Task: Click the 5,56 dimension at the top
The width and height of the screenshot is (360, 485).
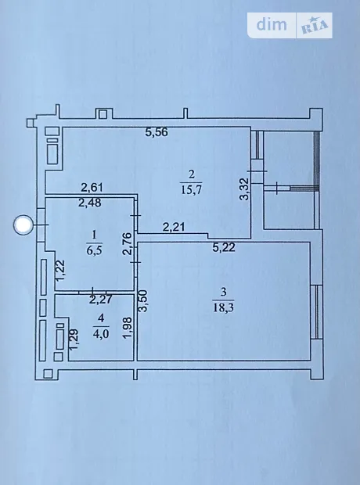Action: (x=157, y=132)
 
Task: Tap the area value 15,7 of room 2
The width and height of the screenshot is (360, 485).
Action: (x=191, y=189)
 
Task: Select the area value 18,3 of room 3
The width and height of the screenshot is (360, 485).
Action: (x=223, y=307)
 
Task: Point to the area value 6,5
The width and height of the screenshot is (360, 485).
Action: (x=94, y=250)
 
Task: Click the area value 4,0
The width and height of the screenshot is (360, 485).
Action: (x=101, y=334)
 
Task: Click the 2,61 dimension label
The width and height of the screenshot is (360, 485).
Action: (x=92, y=187)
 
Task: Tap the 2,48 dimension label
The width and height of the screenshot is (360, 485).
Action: (x=90, y=203)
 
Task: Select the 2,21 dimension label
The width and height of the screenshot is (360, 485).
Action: (x=174, y=228)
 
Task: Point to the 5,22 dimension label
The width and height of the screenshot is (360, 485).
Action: (x=224, y=247)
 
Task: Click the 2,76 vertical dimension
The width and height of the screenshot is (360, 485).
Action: (x=128, y=244)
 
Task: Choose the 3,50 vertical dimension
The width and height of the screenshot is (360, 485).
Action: (x=143, y=301)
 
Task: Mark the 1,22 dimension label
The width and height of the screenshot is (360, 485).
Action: (x=60, y=270)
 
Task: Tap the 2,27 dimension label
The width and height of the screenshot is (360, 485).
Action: (x=101, y=300)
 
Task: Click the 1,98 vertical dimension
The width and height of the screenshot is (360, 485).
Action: (x=128, y=329)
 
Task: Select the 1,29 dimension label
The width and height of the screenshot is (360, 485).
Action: (x=74, y=339)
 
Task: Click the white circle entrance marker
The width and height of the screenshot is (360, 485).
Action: (x=23, y=225)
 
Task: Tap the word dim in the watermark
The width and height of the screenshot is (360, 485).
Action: (x=272, y=24)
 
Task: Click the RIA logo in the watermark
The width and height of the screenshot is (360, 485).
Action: (x=315, y=26)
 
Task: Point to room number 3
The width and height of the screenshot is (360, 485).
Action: (x=223, y=292)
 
